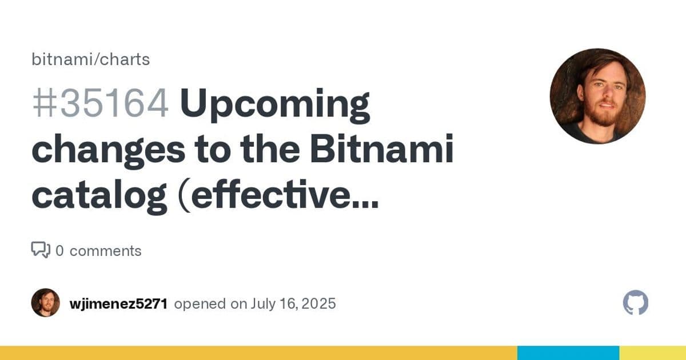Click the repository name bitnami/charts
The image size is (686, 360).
[90, 59]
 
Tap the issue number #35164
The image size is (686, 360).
[100, 105]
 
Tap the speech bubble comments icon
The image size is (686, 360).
[40, 250]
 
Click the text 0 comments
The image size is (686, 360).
[98, 251]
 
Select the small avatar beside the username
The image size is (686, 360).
[46, 303]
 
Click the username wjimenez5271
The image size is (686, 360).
[118, 304]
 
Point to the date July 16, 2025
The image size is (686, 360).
[293, 304]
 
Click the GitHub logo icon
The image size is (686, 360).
[635, 303]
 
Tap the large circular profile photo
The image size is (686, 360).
[597, 96]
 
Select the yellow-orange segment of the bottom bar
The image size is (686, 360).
[257, 353]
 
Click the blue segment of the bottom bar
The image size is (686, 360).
[568, 353]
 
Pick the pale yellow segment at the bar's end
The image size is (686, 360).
[652, 353]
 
